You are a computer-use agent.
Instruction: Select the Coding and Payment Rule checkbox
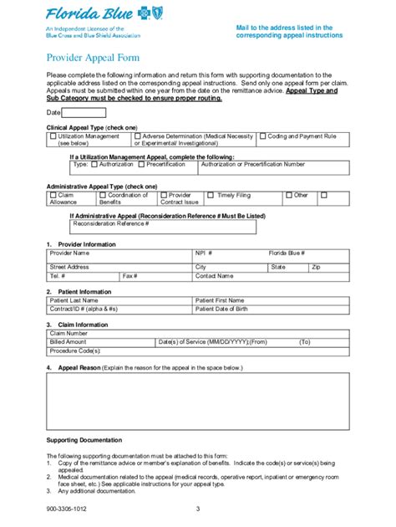pyautogui.click(x=261, y=135)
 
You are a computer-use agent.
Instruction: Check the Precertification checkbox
pyautogui.click(x=142, y=165)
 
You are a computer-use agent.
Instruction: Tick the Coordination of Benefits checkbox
pyautogui.click(x=102, y=195)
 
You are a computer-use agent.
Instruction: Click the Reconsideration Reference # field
pyautogui.click(x=184, y=224)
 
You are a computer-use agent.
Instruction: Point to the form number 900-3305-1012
pyautogui.click(x=67, y=508)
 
